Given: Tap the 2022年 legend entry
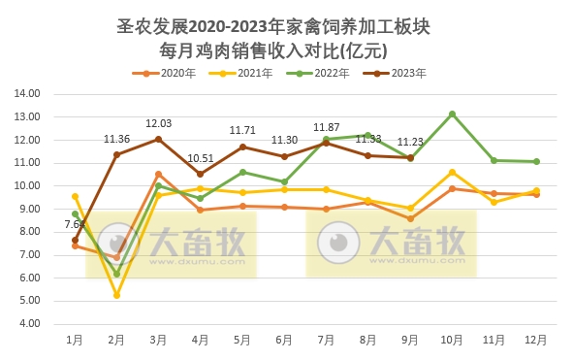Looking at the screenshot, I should pyautogui.click(x=324, y=73).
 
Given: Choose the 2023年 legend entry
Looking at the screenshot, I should pyautogui.click(x=400, y=73).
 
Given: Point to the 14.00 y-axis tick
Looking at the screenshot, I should pyautogui.click(x=27, y=94).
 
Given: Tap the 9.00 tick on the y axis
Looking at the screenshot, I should pyautogui.click(x=27, y=210).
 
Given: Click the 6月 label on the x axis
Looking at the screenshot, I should pyautogui.click(x=284, y=341).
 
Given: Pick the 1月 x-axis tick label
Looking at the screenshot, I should pyautogui.click(x=75, y=341).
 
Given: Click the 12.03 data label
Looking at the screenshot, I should pyautogui.click(x=158, y=124).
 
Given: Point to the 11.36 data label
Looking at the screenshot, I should pyautogui.click(x=116, y=140).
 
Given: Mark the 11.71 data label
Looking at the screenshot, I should pyautogui.click(x=242, y=131).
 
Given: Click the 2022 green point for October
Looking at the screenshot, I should pyautogui.click(x=452, y=114).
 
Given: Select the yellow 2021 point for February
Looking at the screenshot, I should pyautogui.click(x=116, y=295).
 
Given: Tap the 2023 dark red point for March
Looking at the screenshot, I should pyautogui.click(x=158, y=139).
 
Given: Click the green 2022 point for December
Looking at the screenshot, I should pyautogui.click(x=536, y=162).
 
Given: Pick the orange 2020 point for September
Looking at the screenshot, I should pyautogui.click(x=410, y=219).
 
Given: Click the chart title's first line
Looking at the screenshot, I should pyautogui.click(x=286, y=26).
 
